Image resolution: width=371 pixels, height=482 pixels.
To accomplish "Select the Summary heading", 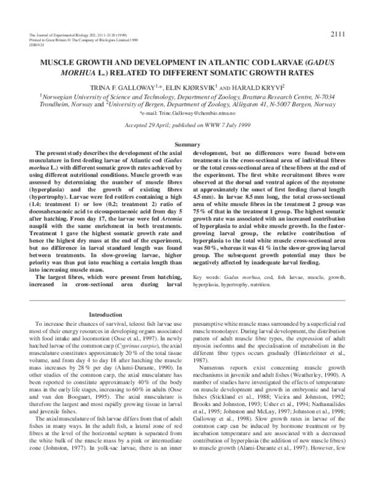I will (x=185, y=144).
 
